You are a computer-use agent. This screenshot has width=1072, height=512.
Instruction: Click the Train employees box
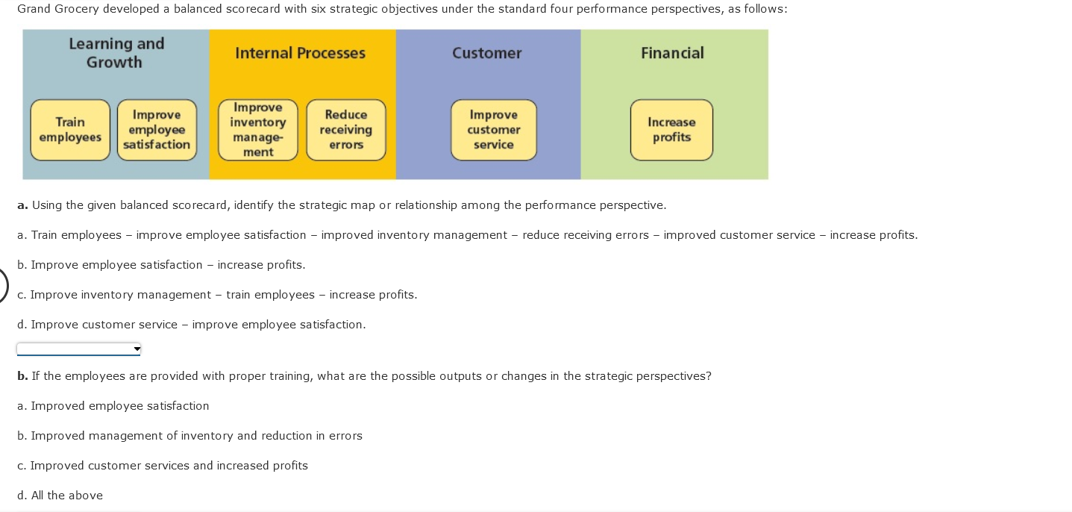70,130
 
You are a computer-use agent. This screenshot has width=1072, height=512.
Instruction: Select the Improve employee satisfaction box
157,130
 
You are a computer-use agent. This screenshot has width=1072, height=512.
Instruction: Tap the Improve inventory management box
258,130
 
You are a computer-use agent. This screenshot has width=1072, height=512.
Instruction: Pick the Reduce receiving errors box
346,130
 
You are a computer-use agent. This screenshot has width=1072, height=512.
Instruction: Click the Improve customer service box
493,130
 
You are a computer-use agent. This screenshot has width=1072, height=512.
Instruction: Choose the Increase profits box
671,130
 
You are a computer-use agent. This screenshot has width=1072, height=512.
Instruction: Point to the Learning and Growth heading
116,53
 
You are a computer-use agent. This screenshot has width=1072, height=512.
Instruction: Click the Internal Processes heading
300,53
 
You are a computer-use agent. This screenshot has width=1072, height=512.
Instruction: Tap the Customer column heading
486,53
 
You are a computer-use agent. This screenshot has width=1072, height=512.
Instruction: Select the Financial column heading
672,53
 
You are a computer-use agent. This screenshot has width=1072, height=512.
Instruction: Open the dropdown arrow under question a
137,349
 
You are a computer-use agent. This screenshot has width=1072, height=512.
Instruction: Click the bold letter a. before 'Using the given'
22,205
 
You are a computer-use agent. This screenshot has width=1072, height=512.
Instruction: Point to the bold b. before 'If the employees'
22,376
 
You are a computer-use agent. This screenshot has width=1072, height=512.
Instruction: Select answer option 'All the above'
60,496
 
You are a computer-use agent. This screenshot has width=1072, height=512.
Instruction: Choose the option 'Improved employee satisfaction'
113,406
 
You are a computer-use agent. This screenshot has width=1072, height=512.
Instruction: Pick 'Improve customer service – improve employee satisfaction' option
192,325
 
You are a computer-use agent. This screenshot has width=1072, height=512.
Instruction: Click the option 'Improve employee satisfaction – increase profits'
161,265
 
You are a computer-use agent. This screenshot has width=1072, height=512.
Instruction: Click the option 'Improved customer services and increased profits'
163,466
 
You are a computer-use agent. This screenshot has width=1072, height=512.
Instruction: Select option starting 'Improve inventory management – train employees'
217,295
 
